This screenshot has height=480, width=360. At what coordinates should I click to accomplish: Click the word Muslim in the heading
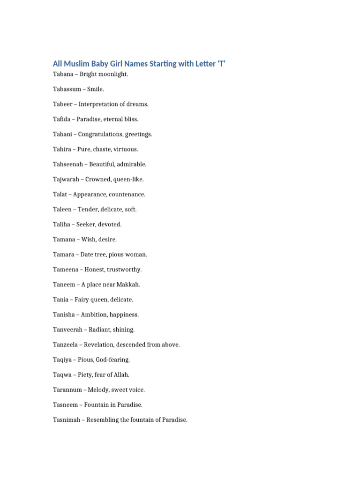point(76,64)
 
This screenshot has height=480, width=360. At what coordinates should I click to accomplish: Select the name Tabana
point(63,74)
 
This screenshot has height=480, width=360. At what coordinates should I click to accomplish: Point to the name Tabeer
point(62,104)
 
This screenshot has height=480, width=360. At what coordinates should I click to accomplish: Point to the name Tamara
point(64,254)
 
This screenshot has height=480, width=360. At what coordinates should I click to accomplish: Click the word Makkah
point(128,284)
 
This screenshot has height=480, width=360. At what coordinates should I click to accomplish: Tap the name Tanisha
point(64,314)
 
